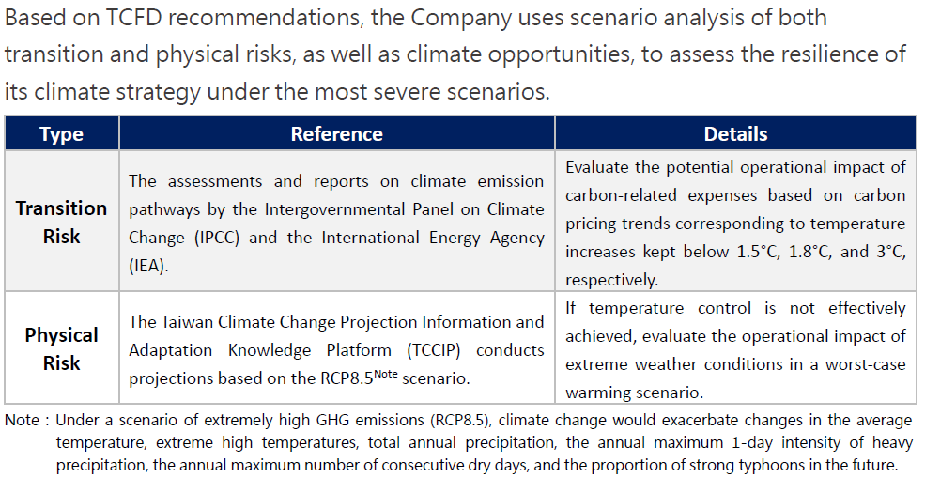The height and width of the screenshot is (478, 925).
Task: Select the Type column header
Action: (61, 134)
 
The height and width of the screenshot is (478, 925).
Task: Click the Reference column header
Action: (337, 134)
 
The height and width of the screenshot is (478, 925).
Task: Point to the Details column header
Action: (735, 134)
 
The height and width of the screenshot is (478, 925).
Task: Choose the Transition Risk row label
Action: (61, 222)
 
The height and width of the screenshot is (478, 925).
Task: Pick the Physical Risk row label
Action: (61, 348)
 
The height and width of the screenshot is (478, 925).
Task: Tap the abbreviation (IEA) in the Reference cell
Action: (148, 266)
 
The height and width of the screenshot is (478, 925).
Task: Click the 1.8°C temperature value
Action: (811, 252)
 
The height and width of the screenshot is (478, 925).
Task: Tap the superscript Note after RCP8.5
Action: (386, 374)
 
